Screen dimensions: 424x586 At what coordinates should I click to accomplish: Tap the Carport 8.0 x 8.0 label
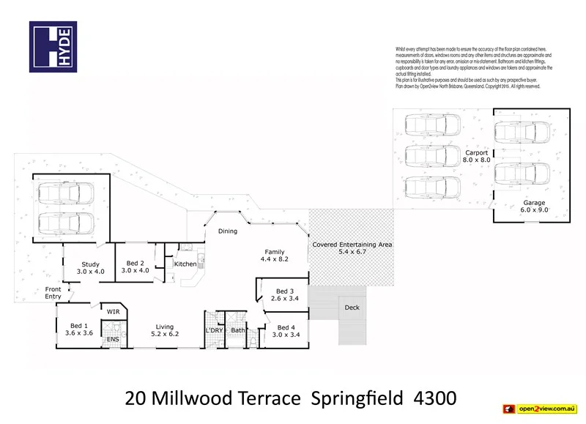coord(475,156)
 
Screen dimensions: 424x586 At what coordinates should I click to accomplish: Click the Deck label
coord(352,308)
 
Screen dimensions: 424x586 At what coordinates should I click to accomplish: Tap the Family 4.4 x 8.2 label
coord(275,256)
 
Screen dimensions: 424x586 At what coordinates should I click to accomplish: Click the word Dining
coord(228,232)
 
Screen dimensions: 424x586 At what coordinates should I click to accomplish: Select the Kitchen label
coord(185,264)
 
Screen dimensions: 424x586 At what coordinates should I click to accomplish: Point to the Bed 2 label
coord(137,267)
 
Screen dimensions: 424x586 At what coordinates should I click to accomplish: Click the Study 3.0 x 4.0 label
coord(91,268)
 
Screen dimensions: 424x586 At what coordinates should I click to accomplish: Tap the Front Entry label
coord(53,293)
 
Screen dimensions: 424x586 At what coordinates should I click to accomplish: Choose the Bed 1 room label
coord(78,330)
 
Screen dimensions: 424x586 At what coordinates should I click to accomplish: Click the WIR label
coord(114,311)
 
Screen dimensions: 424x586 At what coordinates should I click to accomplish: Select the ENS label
coord(113,340)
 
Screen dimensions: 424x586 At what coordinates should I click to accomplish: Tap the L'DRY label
coord(214,331)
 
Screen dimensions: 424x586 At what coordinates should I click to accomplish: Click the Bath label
coord(237,331)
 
